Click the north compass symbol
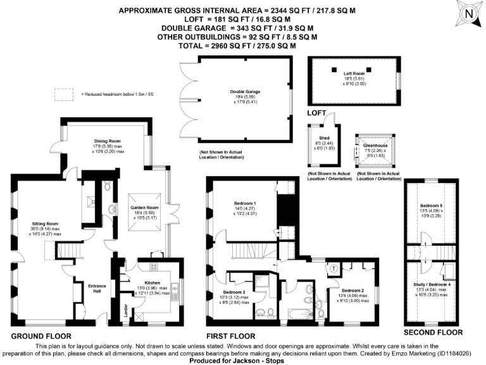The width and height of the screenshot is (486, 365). [x=468, y=13]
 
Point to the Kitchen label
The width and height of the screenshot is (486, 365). [x=153, y=282]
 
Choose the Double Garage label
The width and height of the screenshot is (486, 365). [x=245, y=92]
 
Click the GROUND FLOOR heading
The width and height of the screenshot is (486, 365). [x=41, y=336]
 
